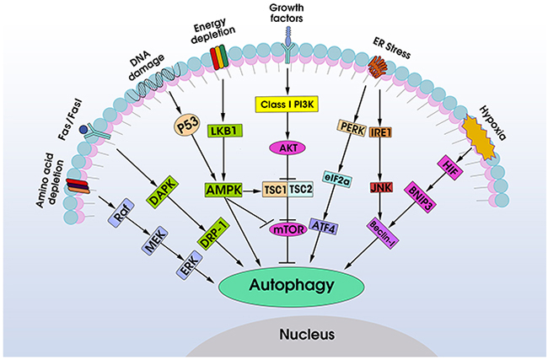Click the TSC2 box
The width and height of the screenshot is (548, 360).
[x=301, y=191]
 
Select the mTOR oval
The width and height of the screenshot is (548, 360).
[x=288, y=228]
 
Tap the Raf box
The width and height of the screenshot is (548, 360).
[x=121, y=215]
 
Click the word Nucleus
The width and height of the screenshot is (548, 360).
[x=307, y=335]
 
